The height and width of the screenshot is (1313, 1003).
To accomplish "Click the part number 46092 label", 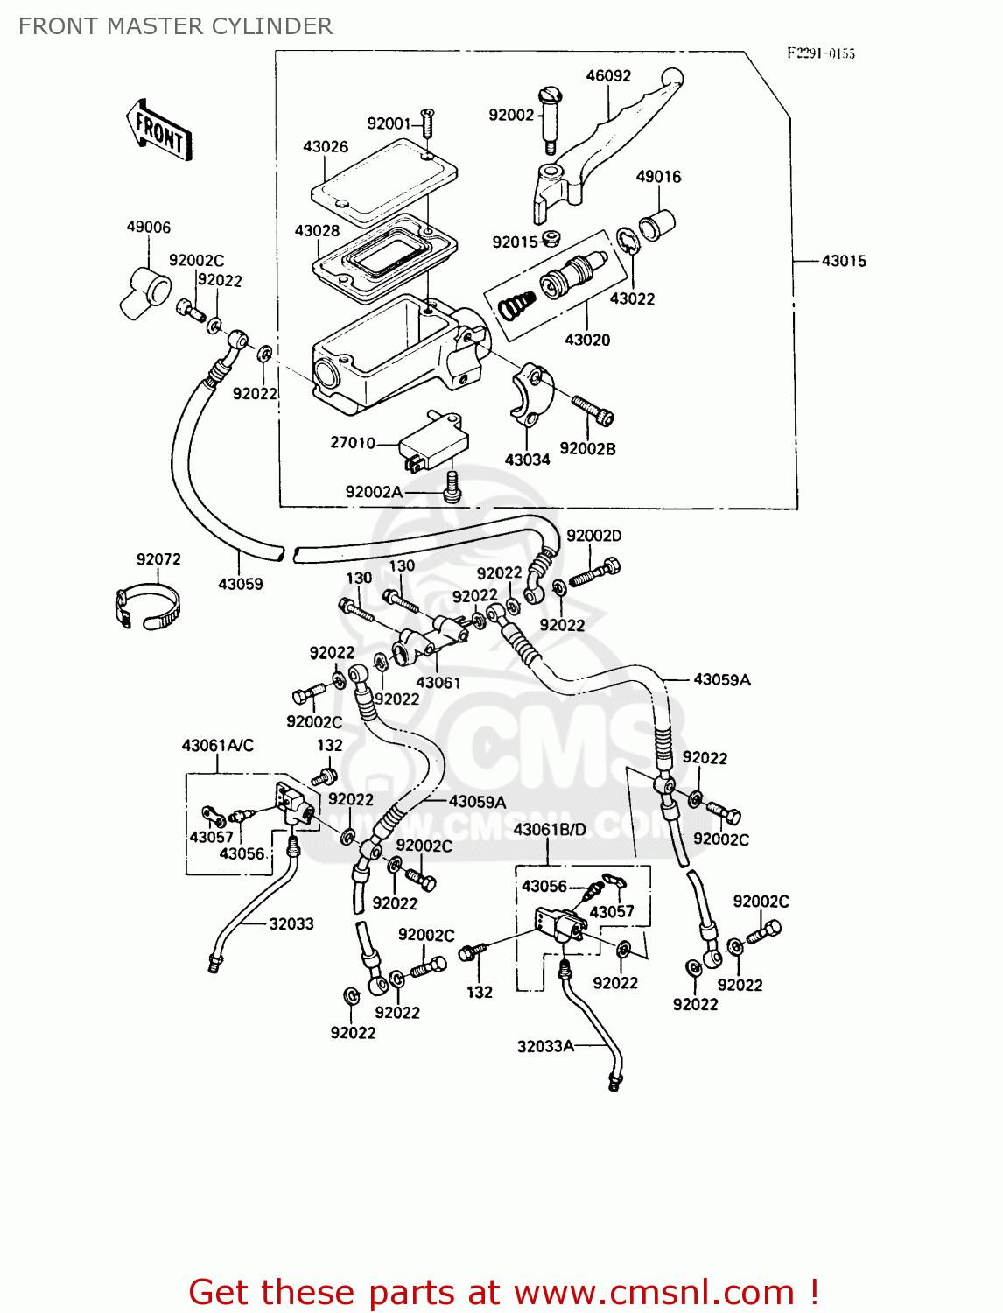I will point(608,76).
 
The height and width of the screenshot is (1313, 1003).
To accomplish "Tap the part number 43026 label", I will point(326,147).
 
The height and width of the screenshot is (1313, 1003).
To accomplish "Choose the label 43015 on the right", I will point(844,261).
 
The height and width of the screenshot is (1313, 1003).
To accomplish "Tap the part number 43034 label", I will point(527,460).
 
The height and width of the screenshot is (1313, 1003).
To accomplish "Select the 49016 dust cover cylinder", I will point(657,225).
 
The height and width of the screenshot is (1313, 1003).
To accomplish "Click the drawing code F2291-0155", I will point(820,53).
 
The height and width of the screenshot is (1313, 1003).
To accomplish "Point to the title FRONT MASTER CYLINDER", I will point(175,26).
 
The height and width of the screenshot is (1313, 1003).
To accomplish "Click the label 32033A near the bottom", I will point(545,1046).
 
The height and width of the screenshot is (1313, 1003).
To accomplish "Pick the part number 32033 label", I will point(291,923).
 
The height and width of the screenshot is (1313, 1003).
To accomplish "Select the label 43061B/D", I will point(550,829).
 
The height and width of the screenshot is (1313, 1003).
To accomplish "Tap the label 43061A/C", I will point(217,745).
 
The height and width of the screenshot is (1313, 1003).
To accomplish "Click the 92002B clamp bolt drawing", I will point(593,410).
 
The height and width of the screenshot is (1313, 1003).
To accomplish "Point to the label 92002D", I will point(593,536).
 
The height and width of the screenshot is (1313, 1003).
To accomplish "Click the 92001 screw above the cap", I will point(427,123).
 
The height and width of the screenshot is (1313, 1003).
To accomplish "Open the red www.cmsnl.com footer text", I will point(503,1292).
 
